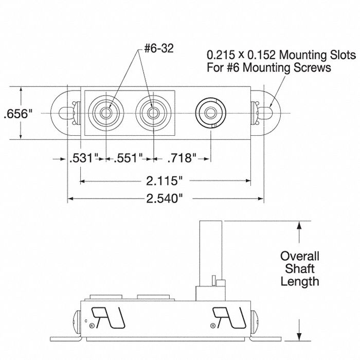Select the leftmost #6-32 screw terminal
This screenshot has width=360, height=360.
pos(105,112)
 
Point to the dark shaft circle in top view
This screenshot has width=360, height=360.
pos(210,112)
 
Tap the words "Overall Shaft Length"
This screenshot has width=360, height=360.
pos(299,268)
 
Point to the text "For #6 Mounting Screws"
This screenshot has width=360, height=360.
pos(268,67)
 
